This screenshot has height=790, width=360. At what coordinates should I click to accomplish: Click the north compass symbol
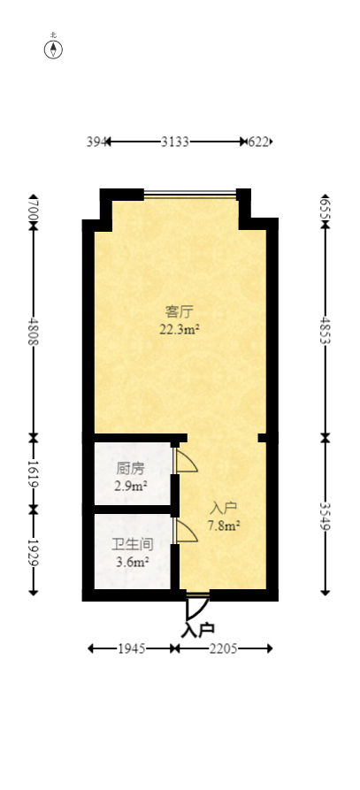[54, 48]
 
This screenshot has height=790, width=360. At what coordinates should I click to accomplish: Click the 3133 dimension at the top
[173, 142]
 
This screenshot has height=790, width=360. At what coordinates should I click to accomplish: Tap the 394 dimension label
[96, 142]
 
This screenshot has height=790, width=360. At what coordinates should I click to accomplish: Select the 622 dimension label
[259, 142]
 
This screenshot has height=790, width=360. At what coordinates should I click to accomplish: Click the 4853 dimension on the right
[325, 329]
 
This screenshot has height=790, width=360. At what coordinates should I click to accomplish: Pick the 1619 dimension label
[34, 474]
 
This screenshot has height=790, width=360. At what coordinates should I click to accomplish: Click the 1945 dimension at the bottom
[132, 649]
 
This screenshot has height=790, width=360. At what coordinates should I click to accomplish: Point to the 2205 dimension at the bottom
[224, 649]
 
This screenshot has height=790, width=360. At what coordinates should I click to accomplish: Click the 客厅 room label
[180, 311]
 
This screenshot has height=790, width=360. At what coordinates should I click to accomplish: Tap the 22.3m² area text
[180, 329]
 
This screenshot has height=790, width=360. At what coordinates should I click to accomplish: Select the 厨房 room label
[130, 469]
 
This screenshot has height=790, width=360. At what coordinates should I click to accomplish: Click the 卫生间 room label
[130, 545]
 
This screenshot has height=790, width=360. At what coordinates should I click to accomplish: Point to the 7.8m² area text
[224, 525]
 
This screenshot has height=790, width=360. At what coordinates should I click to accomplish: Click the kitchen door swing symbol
[187, 461]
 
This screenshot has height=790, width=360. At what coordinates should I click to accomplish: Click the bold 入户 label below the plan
[198, 631]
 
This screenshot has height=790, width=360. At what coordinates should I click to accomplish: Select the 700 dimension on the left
[34, 210]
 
